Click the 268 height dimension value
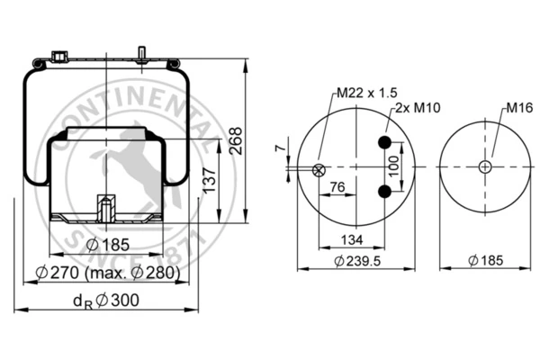[237, 141]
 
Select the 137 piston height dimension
[209, 180]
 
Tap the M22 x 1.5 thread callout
[367, 93]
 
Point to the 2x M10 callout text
[418, 108]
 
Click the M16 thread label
[519, 108]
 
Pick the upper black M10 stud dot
[384, 142]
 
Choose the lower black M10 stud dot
[384, 192]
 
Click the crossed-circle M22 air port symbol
[319, 170]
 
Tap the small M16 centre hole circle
[485, 167]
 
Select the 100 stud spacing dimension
[393, 166]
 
